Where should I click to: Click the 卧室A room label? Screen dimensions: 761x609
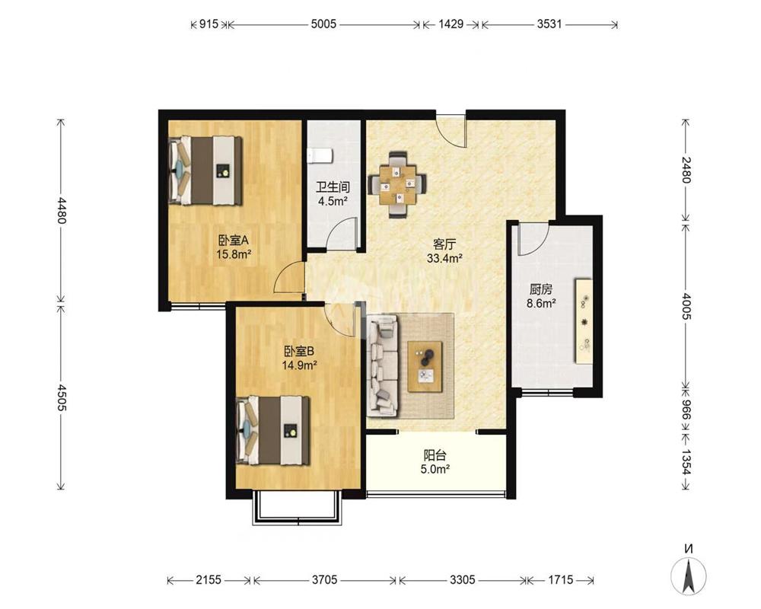[x=234, y=240]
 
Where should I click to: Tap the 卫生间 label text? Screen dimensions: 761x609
[x=333, y=187]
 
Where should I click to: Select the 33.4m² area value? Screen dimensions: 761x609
[x=444, y=258]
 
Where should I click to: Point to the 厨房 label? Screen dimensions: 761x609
[x=540, y=290]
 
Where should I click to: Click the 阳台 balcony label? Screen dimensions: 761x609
[x=435, y=455]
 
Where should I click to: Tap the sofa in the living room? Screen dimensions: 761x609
[x=383, y=365]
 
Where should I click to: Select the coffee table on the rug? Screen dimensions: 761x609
[x=425, y=367]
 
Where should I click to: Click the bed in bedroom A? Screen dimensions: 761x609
[x=205, y=171]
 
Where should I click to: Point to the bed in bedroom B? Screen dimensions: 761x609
[x=273, y=431]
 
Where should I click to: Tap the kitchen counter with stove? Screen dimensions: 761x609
[x=584, y=320]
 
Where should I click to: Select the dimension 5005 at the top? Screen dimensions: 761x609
[x=323, y=24]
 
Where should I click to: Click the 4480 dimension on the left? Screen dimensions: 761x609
[x=61, y=209]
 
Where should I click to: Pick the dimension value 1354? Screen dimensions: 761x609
[x=686, y=461]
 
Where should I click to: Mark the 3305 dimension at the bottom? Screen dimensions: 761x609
[x=463, y=579]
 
